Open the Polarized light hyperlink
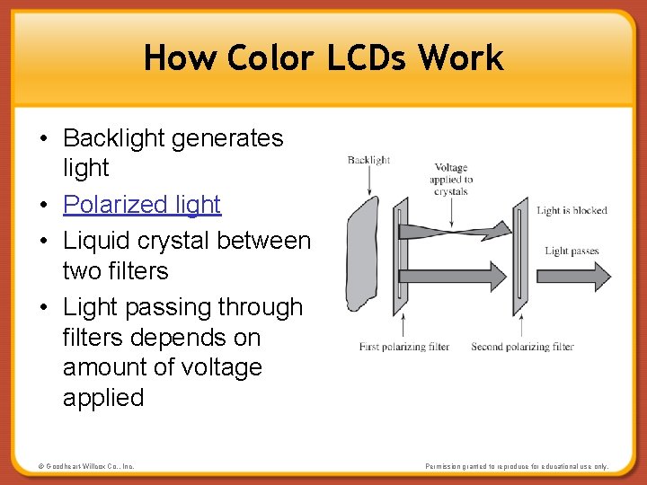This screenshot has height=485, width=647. coord(142,205)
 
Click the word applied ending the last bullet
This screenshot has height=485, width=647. coord(103,398)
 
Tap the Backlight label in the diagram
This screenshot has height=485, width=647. coord(368,160)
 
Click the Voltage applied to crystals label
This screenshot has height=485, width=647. coord(450,179)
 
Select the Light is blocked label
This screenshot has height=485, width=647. coord(572,211)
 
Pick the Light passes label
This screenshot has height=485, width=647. coord(572,251)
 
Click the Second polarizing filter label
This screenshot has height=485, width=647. coord(522,347)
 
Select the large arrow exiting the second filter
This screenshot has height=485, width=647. coord(571,273)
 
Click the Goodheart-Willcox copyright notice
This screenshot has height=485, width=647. coord(86,466)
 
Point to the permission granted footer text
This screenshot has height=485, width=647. coord(517,466)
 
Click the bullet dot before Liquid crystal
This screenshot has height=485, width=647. coord(43,241)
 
